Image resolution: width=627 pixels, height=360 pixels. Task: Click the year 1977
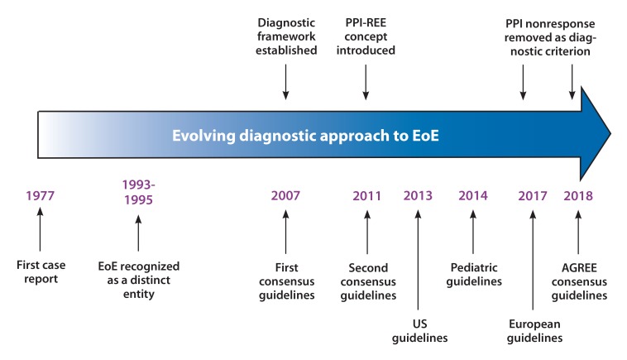click(x=40, y=195)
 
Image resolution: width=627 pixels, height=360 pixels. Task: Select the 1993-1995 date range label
click(x=138, y=192)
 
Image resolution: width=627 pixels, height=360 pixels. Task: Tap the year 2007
click(x=285, y=195)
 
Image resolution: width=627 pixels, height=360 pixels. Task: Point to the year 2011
click(x=366, y=195)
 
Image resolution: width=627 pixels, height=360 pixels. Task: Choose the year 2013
click(x=418, y=195)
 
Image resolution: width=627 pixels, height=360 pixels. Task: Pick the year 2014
click(x=473, y=195)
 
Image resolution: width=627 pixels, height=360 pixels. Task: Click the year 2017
click(x=533, y=195)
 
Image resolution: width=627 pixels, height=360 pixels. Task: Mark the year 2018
click(x=578, y=195)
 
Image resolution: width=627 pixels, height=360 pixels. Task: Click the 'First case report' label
click(x=41, y=271)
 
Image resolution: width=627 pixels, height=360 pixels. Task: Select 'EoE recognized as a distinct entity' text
click(x=139, y=280)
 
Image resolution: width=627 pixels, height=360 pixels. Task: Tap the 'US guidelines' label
click(x=419, y=331)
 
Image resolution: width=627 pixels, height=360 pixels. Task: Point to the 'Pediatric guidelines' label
click(x=474, y=275)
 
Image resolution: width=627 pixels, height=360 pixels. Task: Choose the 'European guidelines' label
click(x=534, y=331)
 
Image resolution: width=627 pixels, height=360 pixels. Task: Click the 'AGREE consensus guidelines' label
click(x=579, y=281)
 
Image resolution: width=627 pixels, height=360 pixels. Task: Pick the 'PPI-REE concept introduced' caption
click(x=366, y=36)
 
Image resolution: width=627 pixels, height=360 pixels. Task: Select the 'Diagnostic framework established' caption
click(x=286, y=36)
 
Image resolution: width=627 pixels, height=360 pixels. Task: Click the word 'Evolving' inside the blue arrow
click(x=203, y=136)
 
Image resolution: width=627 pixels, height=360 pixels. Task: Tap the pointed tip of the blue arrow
click(x=610, y=133)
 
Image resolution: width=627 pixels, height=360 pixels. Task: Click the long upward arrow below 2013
click(x=418, y=260)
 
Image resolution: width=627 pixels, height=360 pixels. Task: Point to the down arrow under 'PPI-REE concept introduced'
click(x=366, y=82)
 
